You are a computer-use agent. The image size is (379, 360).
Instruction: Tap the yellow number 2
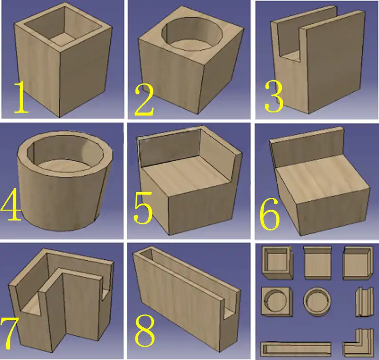(144, 101)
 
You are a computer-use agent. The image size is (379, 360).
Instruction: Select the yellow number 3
(274, 97)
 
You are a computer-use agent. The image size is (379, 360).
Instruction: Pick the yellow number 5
(143, 207)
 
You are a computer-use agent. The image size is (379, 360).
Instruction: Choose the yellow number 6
(270, 213)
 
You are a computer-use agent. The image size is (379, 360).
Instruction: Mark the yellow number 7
(9, 333)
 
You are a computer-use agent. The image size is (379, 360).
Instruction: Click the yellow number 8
(144, 332)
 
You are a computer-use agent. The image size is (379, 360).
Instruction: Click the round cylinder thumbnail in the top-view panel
(317, 301)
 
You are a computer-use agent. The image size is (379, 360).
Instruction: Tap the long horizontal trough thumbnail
(296, 349)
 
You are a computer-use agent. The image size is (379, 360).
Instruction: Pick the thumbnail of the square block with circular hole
(277, 302)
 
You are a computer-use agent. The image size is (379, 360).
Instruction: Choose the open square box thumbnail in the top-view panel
(278, 263)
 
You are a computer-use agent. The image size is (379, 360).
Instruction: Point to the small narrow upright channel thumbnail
(364, 302)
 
